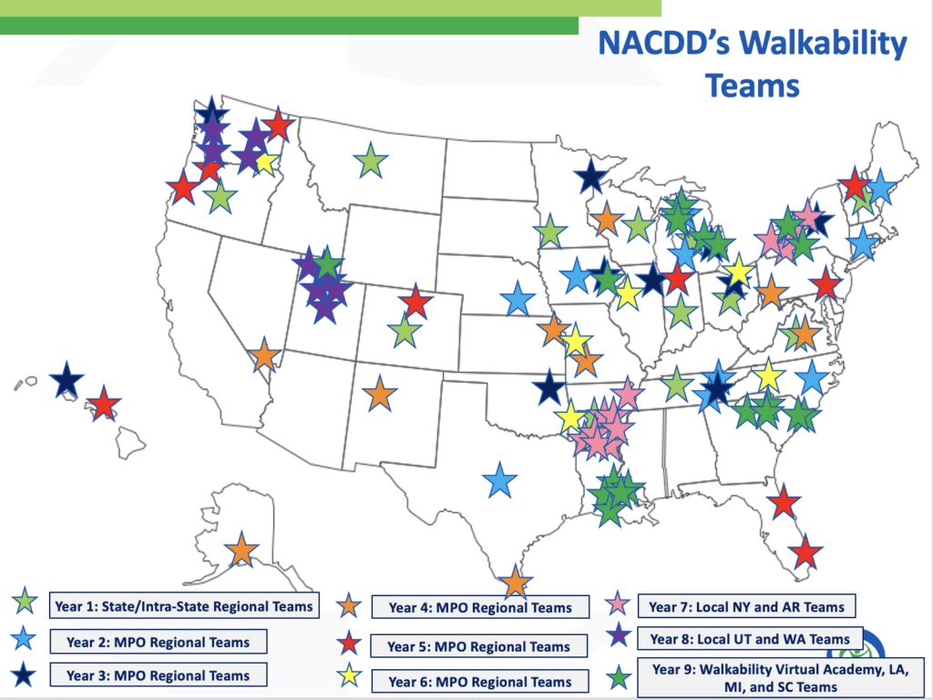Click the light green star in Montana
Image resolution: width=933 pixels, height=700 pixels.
point(371,160)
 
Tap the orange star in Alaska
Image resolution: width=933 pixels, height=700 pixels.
point(241,550)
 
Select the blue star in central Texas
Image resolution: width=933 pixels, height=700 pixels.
point(500,480)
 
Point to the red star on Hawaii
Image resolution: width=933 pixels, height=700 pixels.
point(104,404)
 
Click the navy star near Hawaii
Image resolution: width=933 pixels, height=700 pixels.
point(67,380)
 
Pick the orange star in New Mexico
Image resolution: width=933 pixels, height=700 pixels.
point(380,394)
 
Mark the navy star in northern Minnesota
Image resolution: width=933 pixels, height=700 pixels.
point(590,176)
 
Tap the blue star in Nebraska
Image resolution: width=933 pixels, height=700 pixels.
point(518,298)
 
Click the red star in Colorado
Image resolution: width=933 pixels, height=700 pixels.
point(415,302)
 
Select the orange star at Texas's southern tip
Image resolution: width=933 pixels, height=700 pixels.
point(516,582)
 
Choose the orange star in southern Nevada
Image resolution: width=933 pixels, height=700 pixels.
point(264,355)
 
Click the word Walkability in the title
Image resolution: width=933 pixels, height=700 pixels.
point(823,43)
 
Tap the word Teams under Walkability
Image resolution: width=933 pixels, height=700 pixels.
point(752,85)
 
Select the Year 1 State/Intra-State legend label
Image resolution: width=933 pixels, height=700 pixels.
point(184,606)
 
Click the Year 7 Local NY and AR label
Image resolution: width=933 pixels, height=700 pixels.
point(747,606)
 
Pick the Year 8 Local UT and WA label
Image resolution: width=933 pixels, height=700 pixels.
point(750,639)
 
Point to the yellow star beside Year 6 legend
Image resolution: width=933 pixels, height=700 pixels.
point(348,676)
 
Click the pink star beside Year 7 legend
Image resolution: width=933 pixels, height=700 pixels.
point(618,604)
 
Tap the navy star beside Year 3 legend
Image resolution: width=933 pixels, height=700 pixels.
point(23,675)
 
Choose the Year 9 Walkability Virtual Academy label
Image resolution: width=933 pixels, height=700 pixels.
point(781,677)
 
